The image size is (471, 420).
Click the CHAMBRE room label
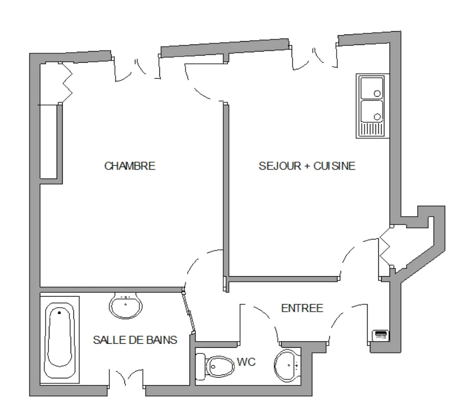129,166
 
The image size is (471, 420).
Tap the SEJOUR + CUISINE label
307,166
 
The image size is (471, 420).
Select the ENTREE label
302,308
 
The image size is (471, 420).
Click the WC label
246,362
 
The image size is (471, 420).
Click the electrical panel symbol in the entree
380,334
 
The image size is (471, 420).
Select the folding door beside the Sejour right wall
385,251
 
